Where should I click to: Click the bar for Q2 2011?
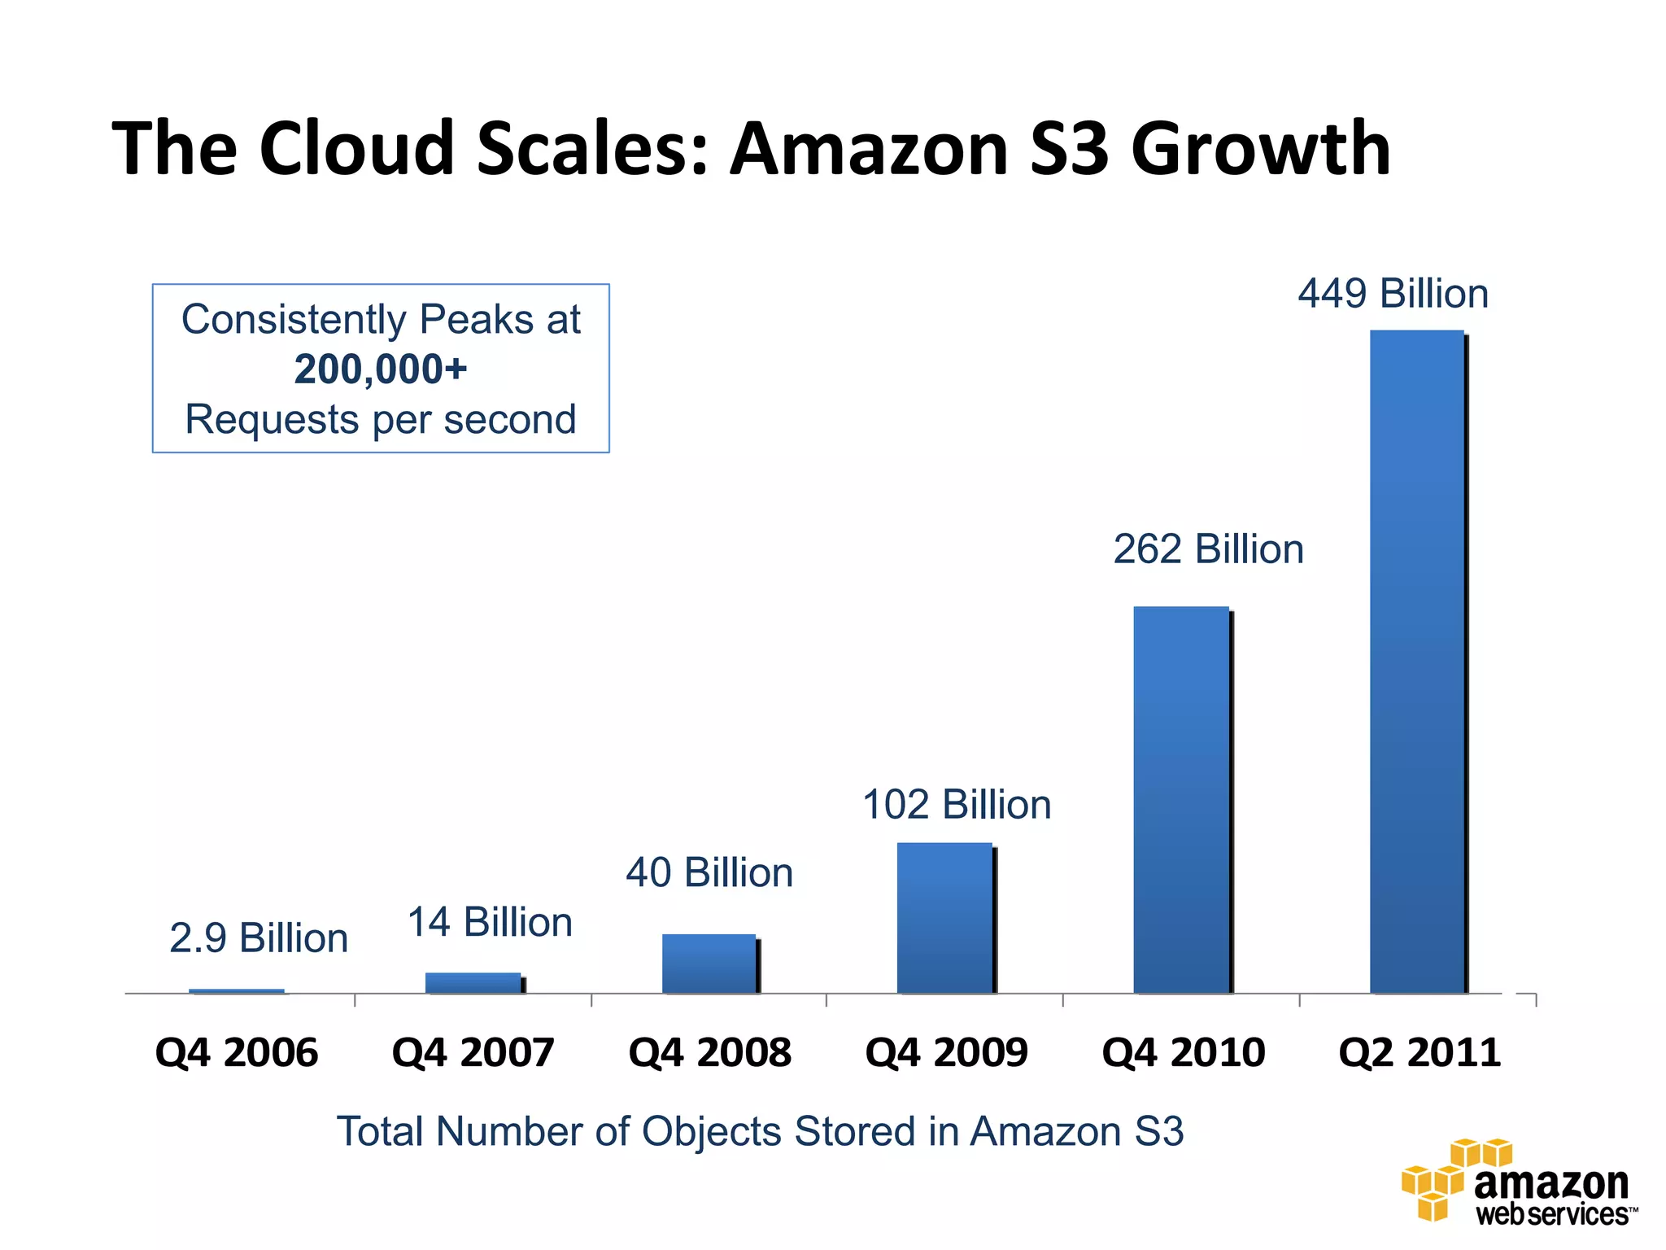[1417, 661]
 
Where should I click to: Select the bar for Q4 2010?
[1181, 799]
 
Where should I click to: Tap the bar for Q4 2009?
[944, 917]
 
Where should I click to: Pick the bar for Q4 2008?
[709, 964]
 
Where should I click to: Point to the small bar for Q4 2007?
[473, 982]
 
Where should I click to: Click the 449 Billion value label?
[1393, 294]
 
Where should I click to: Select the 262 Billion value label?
[1208, 549]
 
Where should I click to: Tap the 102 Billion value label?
[957, 805]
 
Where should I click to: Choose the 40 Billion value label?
[709, 872]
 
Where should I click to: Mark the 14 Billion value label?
[490, 923]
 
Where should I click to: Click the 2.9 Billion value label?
[259, 938]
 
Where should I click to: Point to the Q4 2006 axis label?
[236, 1052]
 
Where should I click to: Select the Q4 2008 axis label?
[709, 1052]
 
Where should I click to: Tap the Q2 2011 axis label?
[1420, 1052]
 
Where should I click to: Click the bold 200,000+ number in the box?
[381, 369]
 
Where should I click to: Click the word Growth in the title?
[1261, 149]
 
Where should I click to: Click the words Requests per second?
[381, 420]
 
